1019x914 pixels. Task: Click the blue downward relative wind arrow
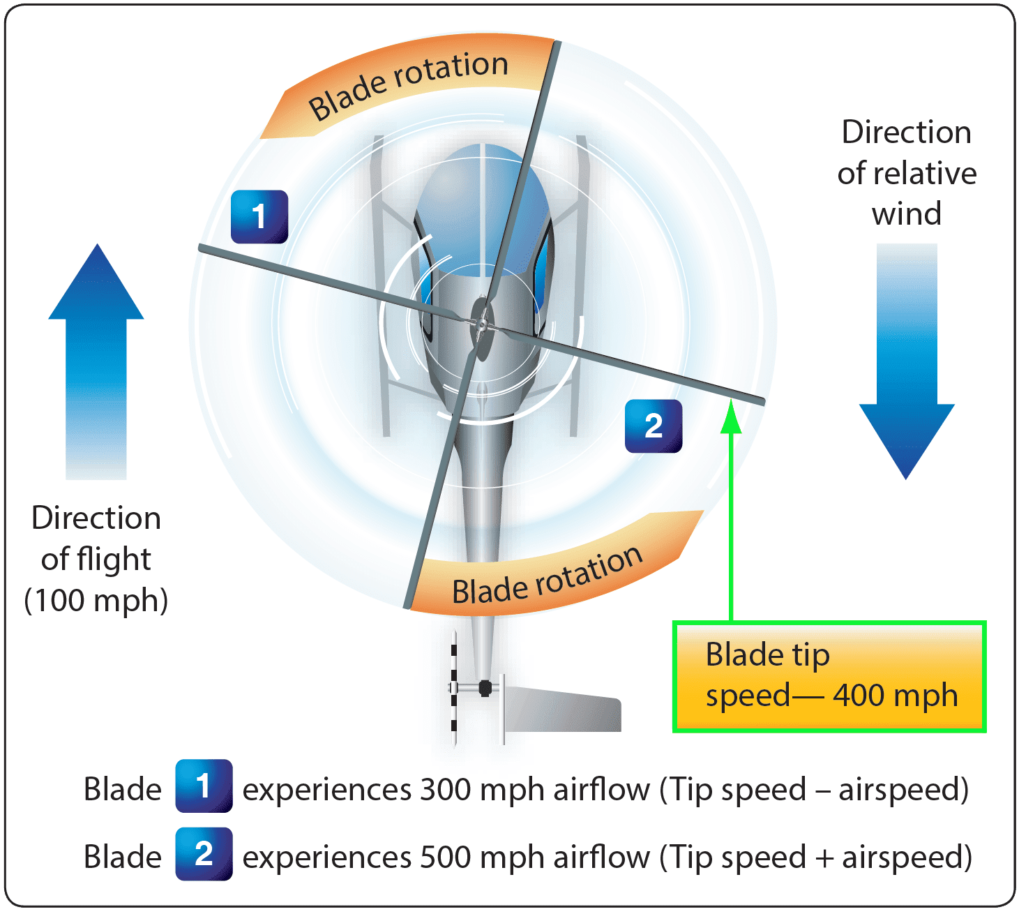906,363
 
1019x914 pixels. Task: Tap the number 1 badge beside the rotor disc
259,216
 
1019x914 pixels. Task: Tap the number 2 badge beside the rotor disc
653,426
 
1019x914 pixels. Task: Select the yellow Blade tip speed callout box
829,676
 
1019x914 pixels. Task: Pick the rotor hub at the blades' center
481,324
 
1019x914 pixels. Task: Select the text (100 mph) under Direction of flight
96,600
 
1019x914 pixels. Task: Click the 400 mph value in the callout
896,696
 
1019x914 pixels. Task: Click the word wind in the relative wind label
906,213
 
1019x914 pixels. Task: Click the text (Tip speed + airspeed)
816,857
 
